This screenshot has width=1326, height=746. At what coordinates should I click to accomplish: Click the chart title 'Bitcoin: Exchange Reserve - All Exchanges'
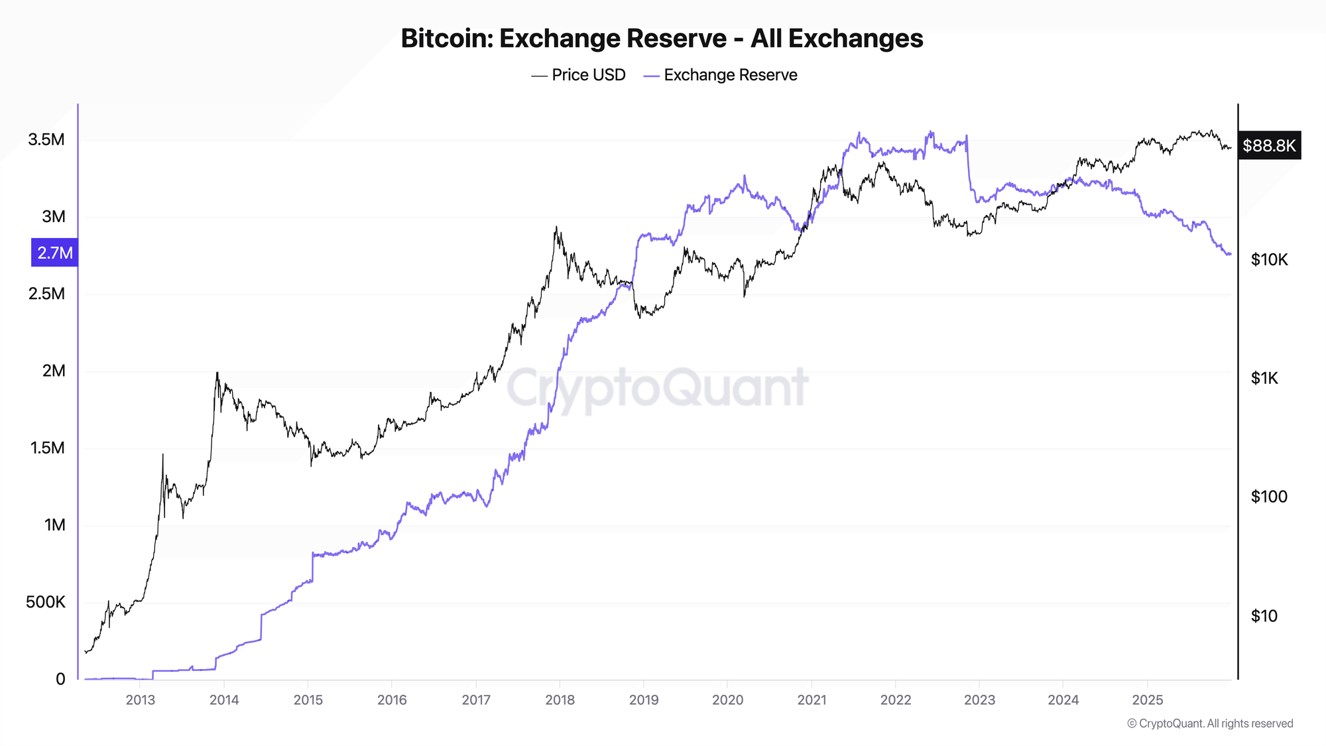tap(662, 38)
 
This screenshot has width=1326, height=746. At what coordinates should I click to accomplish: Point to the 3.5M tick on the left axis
tap(46, 139)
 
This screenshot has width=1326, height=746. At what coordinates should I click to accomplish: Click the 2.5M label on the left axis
tap(46, 294)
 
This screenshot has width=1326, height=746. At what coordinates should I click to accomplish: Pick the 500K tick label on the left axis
tap(46, 602)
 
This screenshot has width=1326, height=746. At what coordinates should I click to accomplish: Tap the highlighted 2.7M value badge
tap(54, 253)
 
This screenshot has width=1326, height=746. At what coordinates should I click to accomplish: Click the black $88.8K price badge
tap(1269, 145)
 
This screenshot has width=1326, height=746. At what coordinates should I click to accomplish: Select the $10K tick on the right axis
tap(1269, 260)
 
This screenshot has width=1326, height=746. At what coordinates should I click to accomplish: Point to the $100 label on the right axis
tap(1268, 497)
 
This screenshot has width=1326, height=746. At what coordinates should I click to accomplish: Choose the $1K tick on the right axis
tap(1264, 378)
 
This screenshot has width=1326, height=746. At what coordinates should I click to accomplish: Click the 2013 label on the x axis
tap(140, 700)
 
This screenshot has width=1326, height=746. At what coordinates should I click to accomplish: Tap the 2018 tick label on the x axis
tap(560, 700)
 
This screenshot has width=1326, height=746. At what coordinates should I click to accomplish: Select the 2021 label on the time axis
tap(812, 700)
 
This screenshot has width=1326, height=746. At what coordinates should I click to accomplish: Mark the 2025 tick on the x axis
tap(1147, 700)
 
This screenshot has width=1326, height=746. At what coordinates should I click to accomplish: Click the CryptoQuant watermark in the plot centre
tap(658, 388)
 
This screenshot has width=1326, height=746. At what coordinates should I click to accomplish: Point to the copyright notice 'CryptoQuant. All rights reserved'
tap(1210, 723)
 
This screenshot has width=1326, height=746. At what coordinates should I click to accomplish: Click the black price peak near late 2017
tap(556, 227)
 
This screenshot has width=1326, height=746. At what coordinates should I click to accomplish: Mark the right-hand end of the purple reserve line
tap(1231, 254)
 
